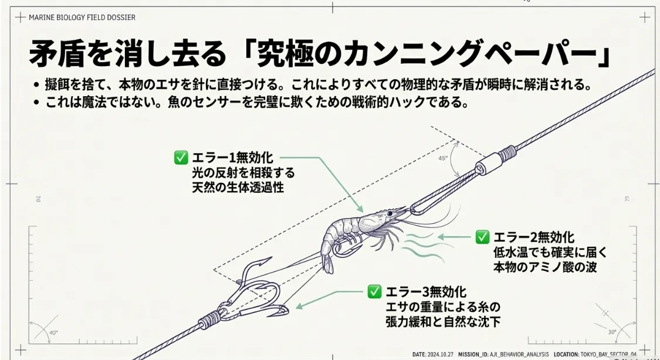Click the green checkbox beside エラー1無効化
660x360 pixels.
(181, 158)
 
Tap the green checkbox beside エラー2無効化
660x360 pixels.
(482, 237)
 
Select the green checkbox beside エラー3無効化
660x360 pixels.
(374, 291)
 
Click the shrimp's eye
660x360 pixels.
(390, 213)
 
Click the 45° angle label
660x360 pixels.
(443, 158)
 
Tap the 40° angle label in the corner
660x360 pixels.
(53, 332)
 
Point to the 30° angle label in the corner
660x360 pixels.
(612, 332)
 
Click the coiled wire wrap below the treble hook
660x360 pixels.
(209, 319)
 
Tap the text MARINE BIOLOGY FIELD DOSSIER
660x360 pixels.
(82, 18)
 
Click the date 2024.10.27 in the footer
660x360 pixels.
(440, 355)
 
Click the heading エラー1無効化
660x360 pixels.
(232, 158)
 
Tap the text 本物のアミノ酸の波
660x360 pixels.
(545, 267)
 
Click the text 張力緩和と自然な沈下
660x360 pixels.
(444, 321)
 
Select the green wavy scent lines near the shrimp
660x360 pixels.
(423, 246)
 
